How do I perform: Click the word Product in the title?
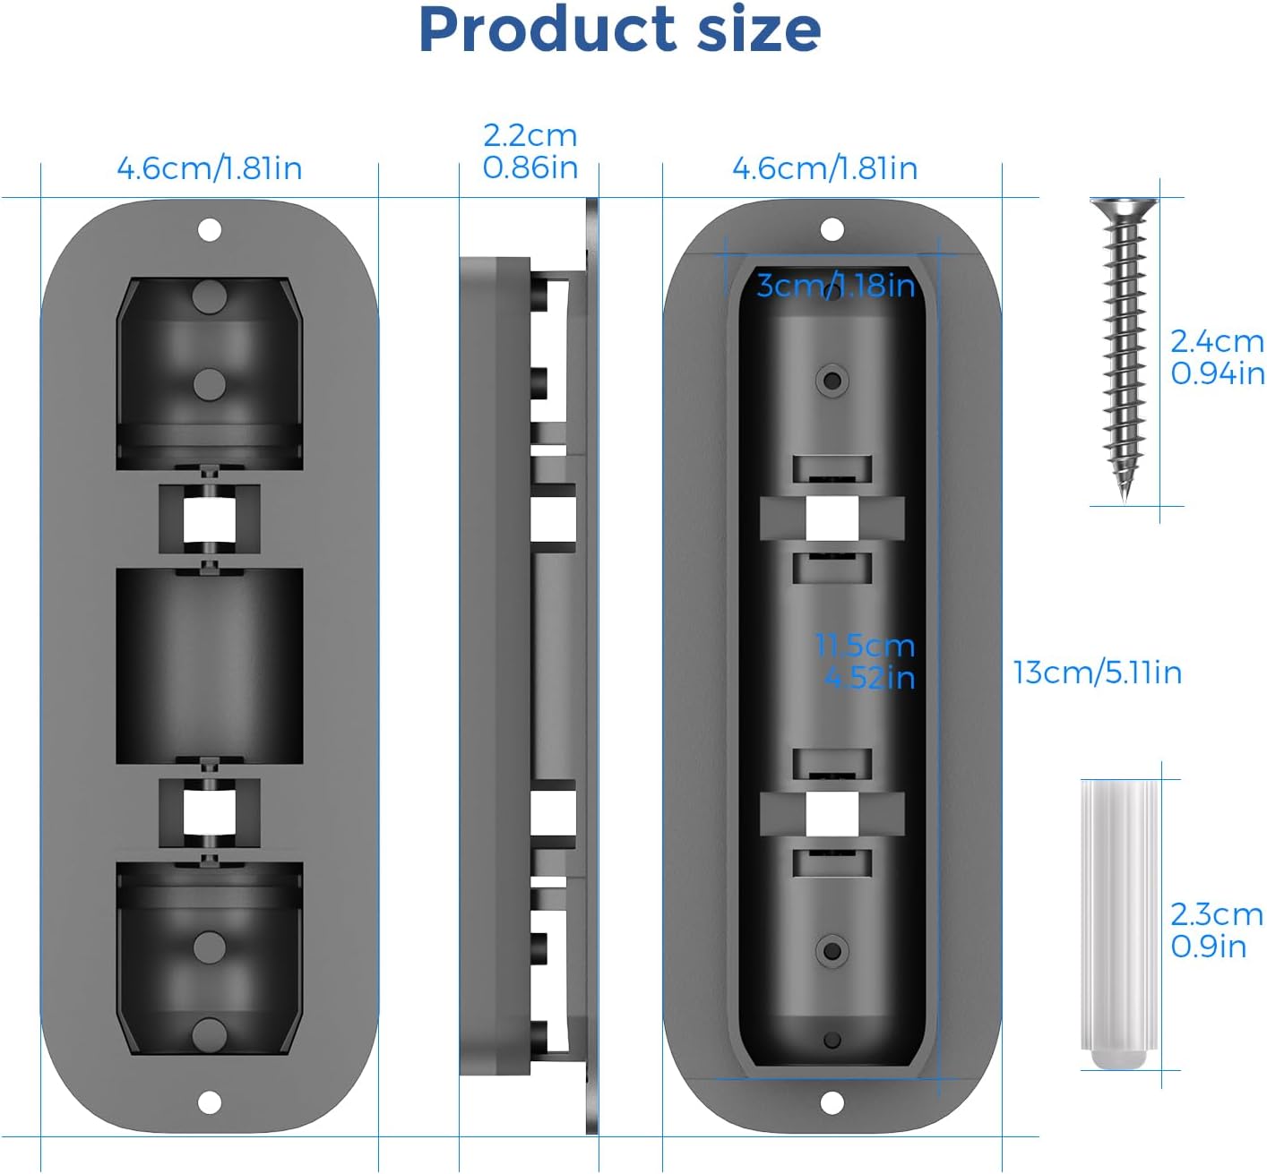click(547, 30)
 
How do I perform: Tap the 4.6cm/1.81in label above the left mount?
click(210, 168)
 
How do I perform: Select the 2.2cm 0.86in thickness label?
click(530, 151)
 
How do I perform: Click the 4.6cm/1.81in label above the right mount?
click(824, 168)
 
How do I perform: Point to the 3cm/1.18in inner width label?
click(835, 285)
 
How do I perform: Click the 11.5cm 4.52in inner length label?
click(866, 661)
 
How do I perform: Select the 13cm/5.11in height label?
click(1097, 672)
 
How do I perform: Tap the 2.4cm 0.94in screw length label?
click(1217, 356)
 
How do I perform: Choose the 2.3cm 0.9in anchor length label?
click(1216, 930)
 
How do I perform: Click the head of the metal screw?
click(1124, 209)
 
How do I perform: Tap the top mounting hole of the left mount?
click(209, 230)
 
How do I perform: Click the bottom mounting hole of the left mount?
click(209, 1102)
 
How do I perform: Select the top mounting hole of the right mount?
click(832, 230)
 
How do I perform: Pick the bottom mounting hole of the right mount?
click(832, 1101)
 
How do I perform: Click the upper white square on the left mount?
click(209, 519)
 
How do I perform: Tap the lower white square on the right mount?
click(832, 814)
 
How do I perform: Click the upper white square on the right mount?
click(832, 519)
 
